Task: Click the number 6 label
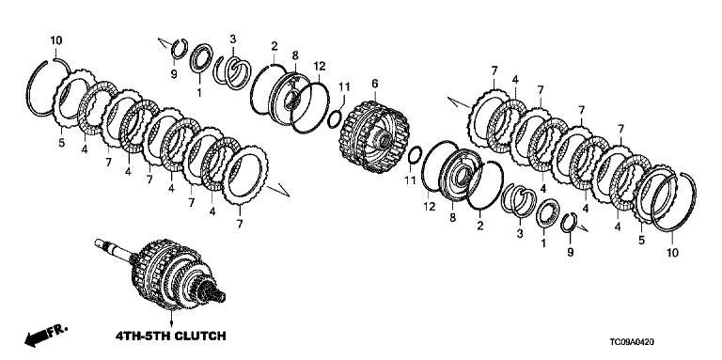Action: click(374, 84)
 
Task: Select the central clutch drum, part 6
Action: click(374, 136)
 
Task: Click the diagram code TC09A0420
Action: click(631, 342)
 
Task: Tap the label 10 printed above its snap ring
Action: click(55, 41)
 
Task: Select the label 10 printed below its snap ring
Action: click(672, 253)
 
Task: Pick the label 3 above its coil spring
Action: click(233, 39)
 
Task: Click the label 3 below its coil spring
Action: click(520, 234)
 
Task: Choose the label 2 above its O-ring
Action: click(275, 45)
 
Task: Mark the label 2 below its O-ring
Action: click(480, 226)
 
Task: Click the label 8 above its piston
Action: click(295, 55)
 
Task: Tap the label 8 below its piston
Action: click(452, 217)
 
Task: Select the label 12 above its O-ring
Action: click(320, 67)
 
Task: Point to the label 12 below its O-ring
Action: click(429, 207)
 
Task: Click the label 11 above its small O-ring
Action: click(344, 86)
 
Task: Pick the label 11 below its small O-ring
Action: click(410, 180)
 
